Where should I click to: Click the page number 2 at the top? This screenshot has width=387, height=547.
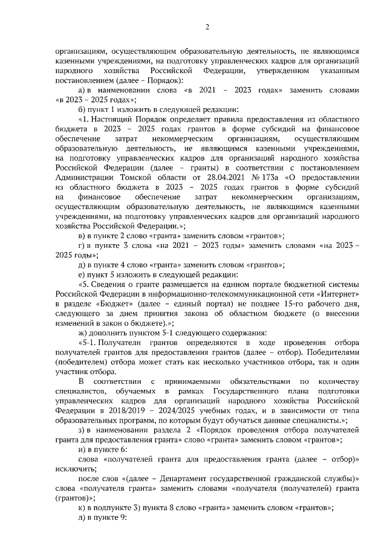coord(207,27)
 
